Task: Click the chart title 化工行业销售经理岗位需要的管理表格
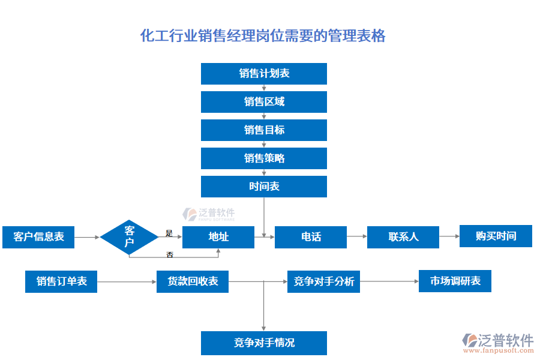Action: [263, 36]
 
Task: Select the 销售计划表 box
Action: [264, 73]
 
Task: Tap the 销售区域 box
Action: [264, 102]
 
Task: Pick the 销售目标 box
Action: [264, 130]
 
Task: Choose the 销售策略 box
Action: [264, 158]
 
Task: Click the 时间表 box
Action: [264, 187]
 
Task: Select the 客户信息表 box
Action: [38, 237]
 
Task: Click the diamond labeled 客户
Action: [130, 237]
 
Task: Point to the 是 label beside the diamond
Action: [169, 233]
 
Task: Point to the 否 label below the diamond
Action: [170, 254]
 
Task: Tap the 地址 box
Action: [218, 237]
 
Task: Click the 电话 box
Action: [311, 237]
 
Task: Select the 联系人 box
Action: [403, 237]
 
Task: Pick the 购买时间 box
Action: [496, 236]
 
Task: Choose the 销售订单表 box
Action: [61, 281]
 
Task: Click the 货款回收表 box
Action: [193, 281]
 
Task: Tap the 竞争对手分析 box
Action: [324, 281]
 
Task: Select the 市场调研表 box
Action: [455, 281]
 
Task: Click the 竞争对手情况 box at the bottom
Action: [264, 343]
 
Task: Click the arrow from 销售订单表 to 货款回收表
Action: [126, 281]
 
